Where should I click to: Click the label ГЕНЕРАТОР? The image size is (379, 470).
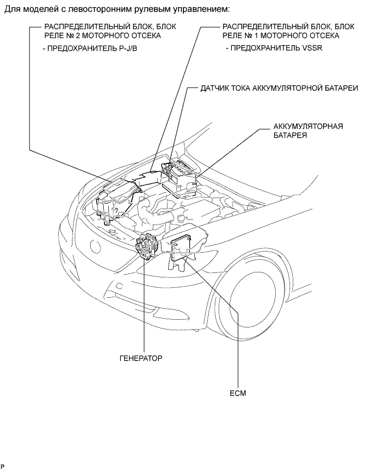[141, 358]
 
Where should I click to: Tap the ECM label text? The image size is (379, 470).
[238, 393]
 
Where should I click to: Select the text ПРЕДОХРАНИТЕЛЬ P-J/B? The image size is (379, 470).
[90, 48]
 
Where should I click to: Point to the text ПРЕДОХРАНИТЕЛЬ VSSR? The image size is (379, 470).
[274, 48]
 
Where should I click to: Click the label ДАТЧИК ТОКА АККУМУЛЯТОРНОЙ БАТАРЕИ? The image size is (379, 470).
[279, 88]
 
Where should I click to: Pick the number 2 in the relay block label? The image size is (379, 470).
[76, 36]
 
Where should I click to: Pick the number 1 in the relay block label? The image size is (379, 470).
[254, 36]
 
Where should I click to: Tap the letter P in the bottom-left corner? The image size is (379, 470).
[3, 466]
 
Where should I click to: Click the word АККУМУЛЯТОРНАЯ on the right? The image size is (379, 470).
[308, 126]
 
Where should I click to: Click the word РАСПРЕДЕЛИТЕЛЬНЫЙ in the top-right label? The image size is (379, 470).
[267, 26]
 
